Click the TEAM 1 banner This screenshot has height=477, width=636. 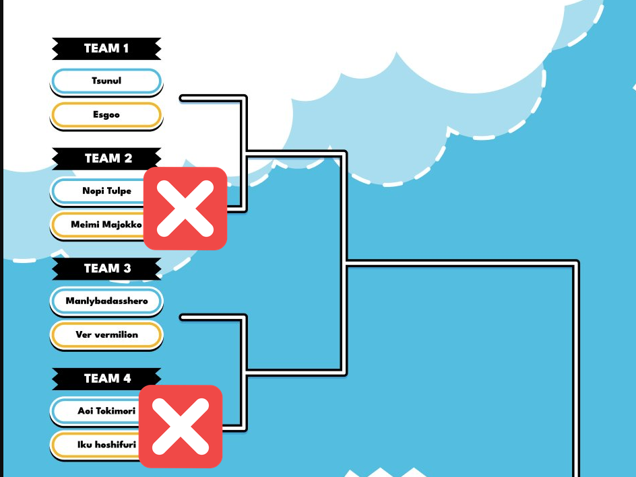click(106, 48)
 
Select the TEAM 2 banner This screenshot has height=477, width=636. click(106, 159)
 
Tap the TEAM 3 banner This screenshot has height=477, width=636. click(106, 268)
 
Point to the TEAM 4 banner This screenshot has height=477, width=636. click(106, 379)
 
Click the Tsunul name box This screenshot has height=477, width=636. click(106, 81)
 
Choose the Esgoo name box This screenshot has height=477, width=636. click(106, 115)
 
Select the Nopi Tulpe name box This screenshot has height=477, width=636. click(98, 191)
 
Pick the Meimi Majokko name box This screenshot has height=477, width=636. click(98, 225)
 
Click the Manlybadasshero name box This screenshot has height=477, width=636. click(106, 301)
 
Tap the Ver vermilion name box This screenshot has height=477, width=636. click(106, 335)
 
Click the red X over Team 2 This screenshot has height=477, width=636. click(185, 209)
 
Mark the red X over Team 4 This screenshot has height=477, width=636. click(181, 427)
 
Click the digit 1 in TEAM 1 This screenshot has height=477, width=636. click(125, 48)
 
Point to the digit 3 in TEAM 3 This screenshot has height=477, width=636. click(127, 268)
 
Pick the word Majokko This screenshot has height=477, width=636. click(122, 225)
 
